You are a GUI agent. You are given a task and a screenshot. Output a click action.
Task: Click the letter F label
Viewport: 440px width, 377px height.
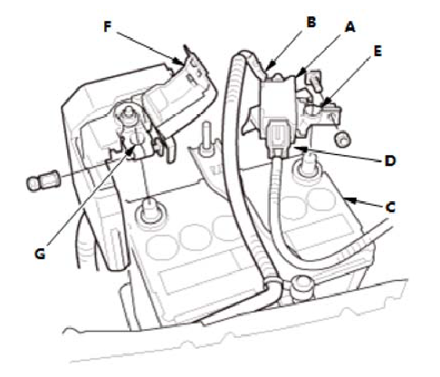108,26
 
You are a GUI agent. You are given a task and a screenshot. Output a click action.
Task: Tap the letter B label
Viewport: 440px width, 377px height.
311,22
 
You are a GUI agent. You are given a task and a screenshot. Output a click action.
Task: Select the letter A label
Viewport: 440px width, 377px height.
349,27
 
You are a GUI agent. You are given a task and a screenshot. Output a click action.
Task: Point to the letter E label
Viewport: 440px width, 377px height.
378,51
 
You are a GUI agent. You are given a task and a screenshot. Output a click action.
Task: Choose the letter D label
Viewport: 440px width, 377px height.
390,160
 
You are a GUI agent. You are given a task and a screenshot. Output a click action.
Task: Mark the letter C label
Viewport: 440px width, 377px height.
390,208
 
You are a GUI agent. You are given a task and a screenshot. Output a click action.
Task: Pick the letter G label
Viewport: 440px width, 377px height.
40,254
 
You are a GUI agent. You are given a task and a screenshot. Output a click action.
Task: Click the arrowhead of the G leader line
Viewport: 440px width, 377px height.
130,151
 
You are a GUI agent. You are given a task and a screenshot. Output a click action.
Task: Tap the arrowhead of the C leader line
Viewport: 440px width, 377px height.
349,199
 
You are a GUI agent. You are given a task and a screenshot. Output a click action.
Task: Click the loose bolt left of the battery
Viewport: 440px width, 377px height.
43,181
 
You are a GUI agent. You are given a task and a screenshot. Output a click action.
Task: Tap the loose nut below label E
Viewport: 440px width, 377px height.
343,139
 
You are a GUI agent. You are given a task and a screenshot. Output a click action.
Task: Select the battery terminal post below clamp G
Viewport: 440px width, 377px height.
149,211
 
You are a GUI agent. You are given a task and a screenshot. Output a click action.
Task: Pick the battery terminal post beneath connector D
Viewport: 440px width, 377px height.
307,169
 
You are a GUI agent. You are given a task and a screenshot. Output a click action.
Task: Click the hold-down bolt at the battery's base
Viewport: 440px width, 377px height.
301,286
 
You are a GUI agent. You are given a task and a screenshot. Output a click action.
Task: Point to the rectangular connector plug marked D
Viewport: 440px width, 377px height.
278,139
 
